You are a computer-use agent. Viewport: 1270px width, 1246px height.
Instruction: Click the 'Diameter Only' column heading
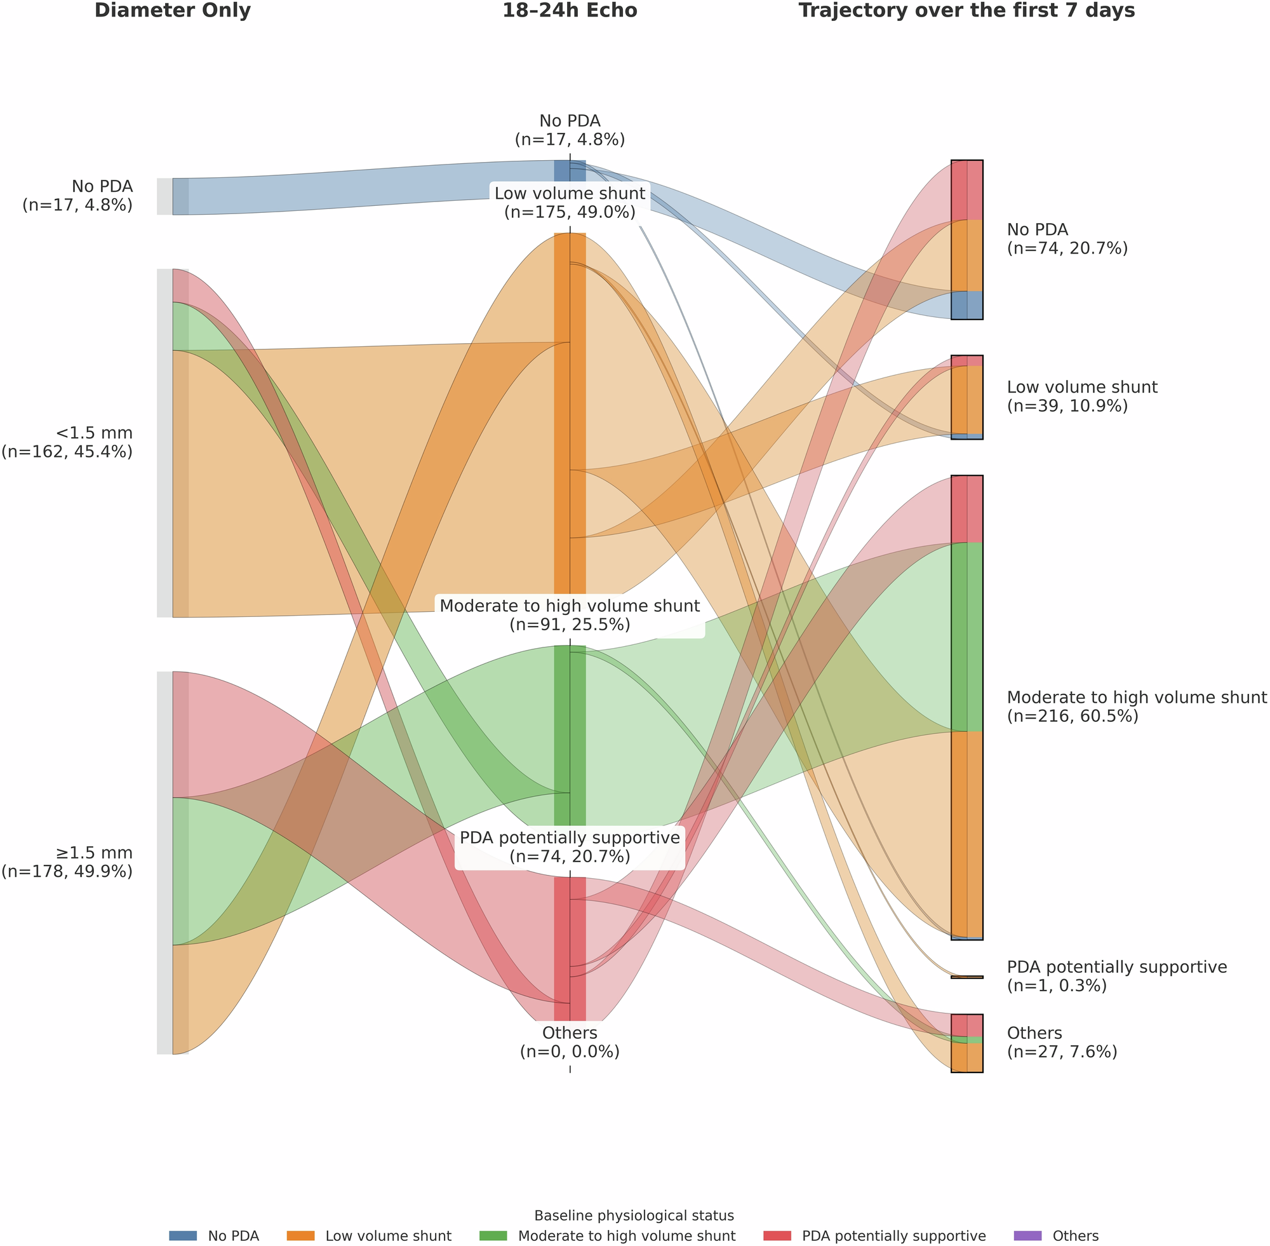173,11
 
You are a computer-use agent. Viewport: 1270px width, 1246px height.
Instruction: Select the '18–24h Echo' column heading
570,11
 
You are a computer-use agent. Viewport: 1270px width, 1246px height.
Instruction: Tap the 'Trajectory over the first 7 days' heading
966,11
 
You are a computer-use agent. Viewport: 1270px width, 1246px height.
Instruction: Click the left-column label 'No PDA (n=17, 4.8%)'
78,196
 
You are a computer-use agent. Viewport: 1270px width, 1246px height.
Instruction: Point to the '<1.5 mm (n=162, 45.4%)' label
67,442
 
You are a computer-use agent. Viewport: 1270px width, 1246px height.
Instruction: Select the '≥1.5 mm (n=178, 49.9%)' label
67,862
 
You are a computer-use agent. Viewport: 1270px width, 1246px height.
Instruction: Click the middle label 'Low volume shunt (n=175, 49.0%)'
570,203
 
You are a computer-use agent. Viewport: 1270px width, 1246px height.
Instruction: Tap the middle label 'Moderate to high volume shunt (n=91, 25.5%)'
570,615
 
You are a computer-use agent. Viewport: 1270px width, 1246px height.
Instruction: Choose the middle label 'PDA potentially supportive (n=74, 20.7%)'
570,847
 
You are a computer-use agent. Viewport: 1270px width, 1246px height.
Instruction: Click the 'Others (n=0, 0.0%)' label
570,1043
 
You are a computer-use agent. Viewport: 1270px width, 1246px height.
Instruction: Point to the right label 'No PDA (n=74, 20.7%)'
1067,239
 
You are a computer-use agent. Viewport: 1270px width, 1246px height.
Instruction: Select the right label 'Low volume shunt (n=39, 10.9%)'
1081,396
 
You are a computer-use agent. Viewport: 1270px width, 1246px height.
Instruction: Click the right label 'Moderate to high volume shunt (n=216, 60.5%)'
1137,707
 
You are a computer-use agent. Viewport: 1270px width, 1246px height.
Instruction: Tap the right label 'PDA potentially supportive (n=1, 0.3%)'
1116,977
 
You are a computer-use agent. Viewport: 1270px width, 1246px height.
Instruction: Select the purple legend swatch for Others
1027,1236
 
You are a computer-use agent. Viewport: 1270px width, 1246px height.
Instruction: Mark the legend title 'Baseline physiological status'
634,1216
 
